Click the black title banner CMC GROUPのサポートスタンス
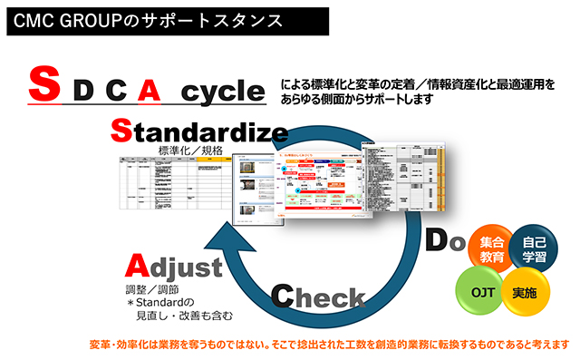(145, 18)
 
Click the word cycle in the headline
(222, 90)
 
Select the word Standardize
(199, 132)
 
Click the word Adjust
(173, 268)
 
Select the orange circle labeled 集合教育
(492, 250)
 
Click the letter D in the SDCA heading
(82, 90)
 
